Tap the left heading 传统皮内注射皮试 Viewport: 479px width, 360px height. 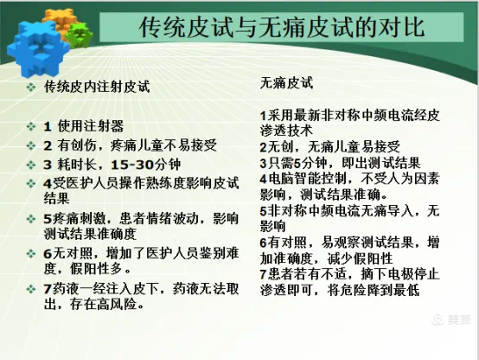[96, 87]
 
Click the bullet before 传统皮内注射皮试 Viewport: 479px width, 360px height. [30, 88]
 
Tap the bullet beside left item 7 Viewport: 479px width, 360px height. [30, 287]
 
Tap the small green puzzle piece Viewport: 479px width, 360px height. [80, 33]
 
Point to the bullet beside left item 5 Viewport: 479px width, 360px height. [30, 214]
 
